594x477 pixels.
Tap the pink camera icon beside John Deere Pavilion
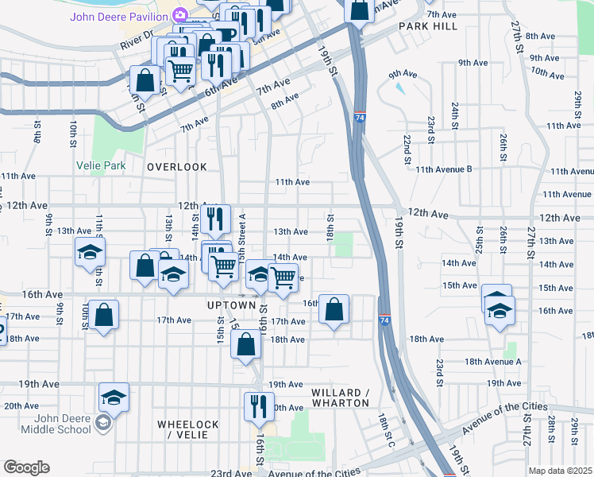click(180, 14)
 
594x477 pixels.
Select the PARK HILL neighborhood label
click(428, 26)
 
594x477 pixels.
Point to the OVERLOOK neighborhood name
click(176, 167)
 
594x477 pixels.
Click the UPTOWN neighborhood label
click(230, 305)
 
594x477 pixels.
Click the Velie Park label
click(101, 166)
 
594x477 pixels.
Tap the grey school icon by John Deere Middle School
click(102, 421)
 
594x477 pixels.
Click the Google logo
click(26, 467)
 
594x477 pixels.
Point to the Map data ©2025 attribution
click(560, 471)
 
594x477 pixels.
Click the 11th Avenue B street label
click(443, 169)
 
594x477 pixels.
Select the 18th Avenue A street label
click(492, 361)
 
